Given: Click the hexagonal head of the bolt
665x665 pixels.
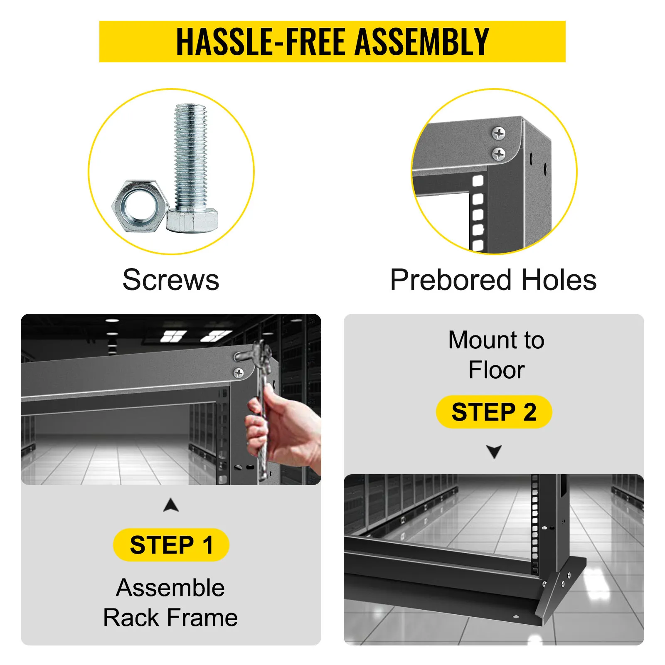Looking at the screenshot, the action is [192, 221].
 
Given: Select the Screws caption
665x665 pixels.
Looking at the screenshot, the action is [171, 280].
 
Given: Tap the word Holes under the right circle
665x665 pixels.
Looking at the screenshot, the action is [559, 280].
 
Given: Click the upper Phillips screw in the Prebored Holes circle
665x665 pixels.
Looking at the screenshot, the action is [499, 133].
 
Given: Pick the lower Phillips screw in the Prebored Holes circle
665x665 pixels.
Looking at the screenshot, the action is [499, 154].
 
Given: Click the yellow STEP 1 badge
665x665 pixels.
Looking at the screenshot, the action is [171, 545].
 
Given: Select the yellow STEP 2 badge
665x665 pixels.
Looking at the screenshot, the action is [494, 412].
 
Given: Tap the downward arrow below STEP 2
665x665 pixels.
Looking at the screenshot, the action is [494, 451].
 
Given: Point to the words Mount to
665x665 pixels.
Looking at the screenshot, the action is [496, 340].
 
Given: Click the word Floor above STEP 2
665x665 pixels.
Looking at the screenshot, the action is [496, 370].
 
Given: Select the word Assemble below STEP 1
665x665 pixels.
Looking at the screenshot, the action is [170, 588].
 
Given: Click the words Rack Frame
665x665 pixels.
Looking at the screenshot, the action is [170, 618].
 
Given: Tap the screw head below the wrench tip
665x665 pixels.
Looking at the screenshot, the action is [239, 373].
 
